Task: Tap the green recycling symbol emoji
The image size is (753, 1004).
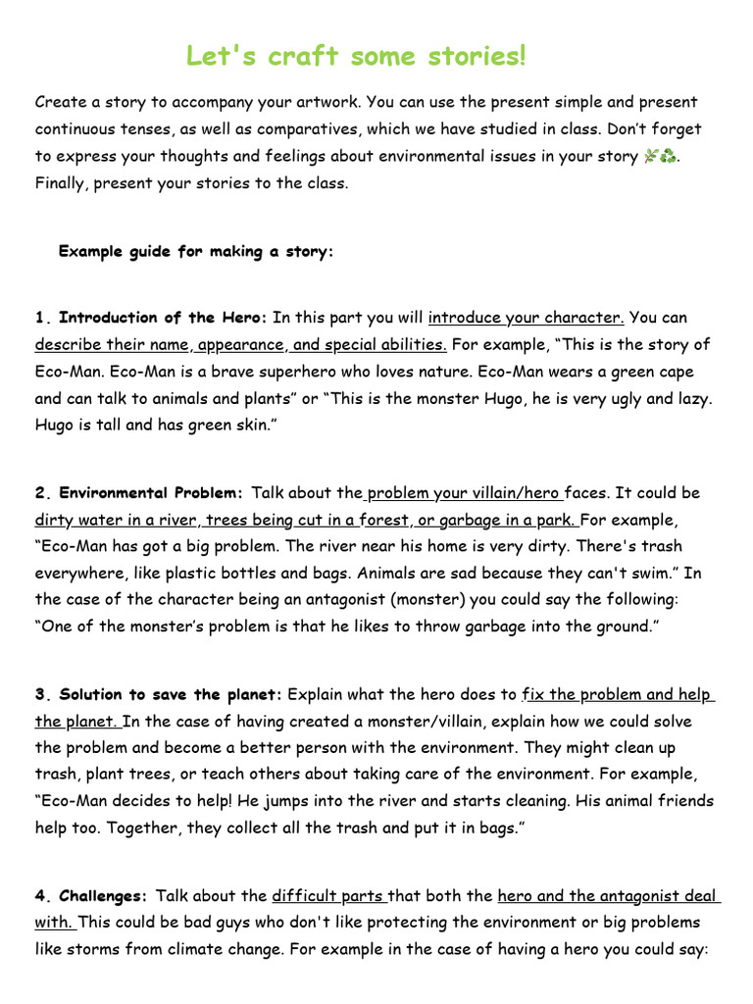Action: (x=668, y=156)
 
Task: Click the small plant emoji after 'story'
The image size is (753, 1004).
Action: (x=650, y=156)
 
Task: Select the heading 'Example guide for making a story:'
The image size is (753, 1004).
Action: (x=196, y=252)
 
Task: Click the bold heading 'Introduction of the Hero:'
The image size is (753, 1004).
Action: (x=163, y=318)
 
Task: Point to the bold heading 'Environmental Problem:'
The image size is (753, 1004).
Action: (x=151, y=493)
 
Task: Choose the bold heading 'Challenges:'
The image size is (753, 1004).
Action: (x=104, y=896)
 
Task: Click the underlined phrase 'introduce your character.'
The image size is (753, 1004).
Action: (x=527, y=318)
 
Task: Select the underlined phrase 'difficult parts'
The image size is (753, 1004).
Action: (x=328, y=896)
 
